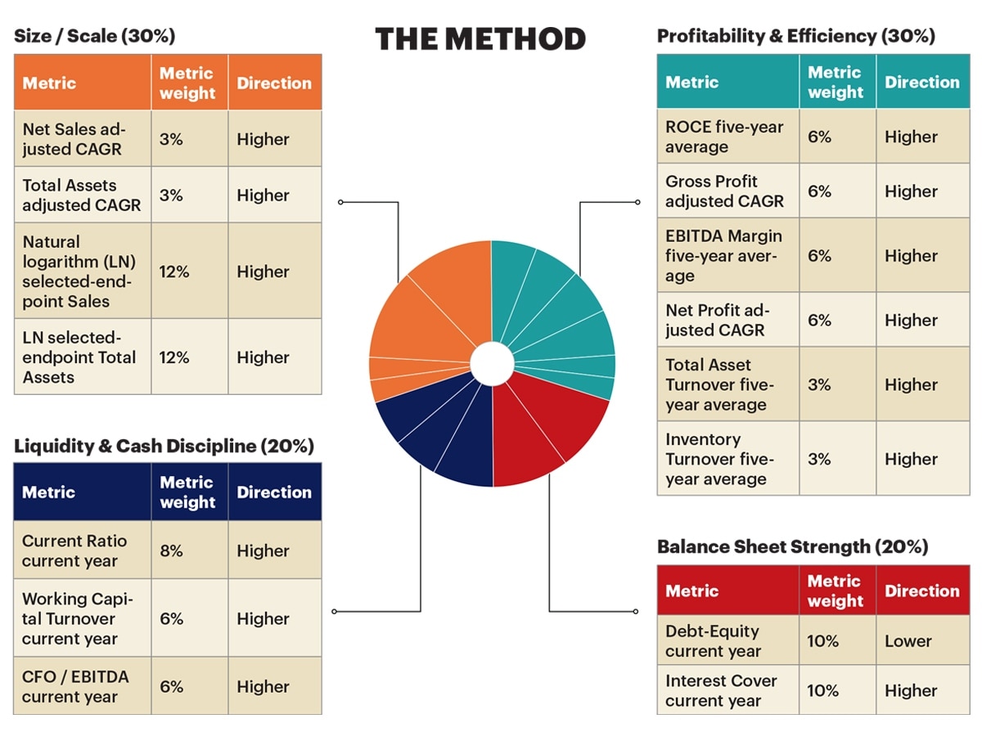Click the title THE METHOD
pos(480,39)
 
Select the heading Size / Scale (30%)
pos(94,36)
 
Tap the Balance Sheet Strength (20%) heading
pos(792,546)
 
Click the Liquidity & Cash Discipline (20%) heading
pos(164,446)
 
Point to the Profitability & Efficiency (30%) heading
pos(796,36)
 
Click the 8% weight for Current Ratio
pos(171,550)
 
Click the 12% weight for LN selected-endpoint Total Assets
pos(174,357)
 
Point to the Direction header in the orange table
pos(274,83)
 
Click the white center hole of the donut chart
pos(492,364)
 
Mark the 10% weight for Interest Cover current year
pos(822,690)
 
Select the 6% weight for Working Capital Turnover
pos(171,618)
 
